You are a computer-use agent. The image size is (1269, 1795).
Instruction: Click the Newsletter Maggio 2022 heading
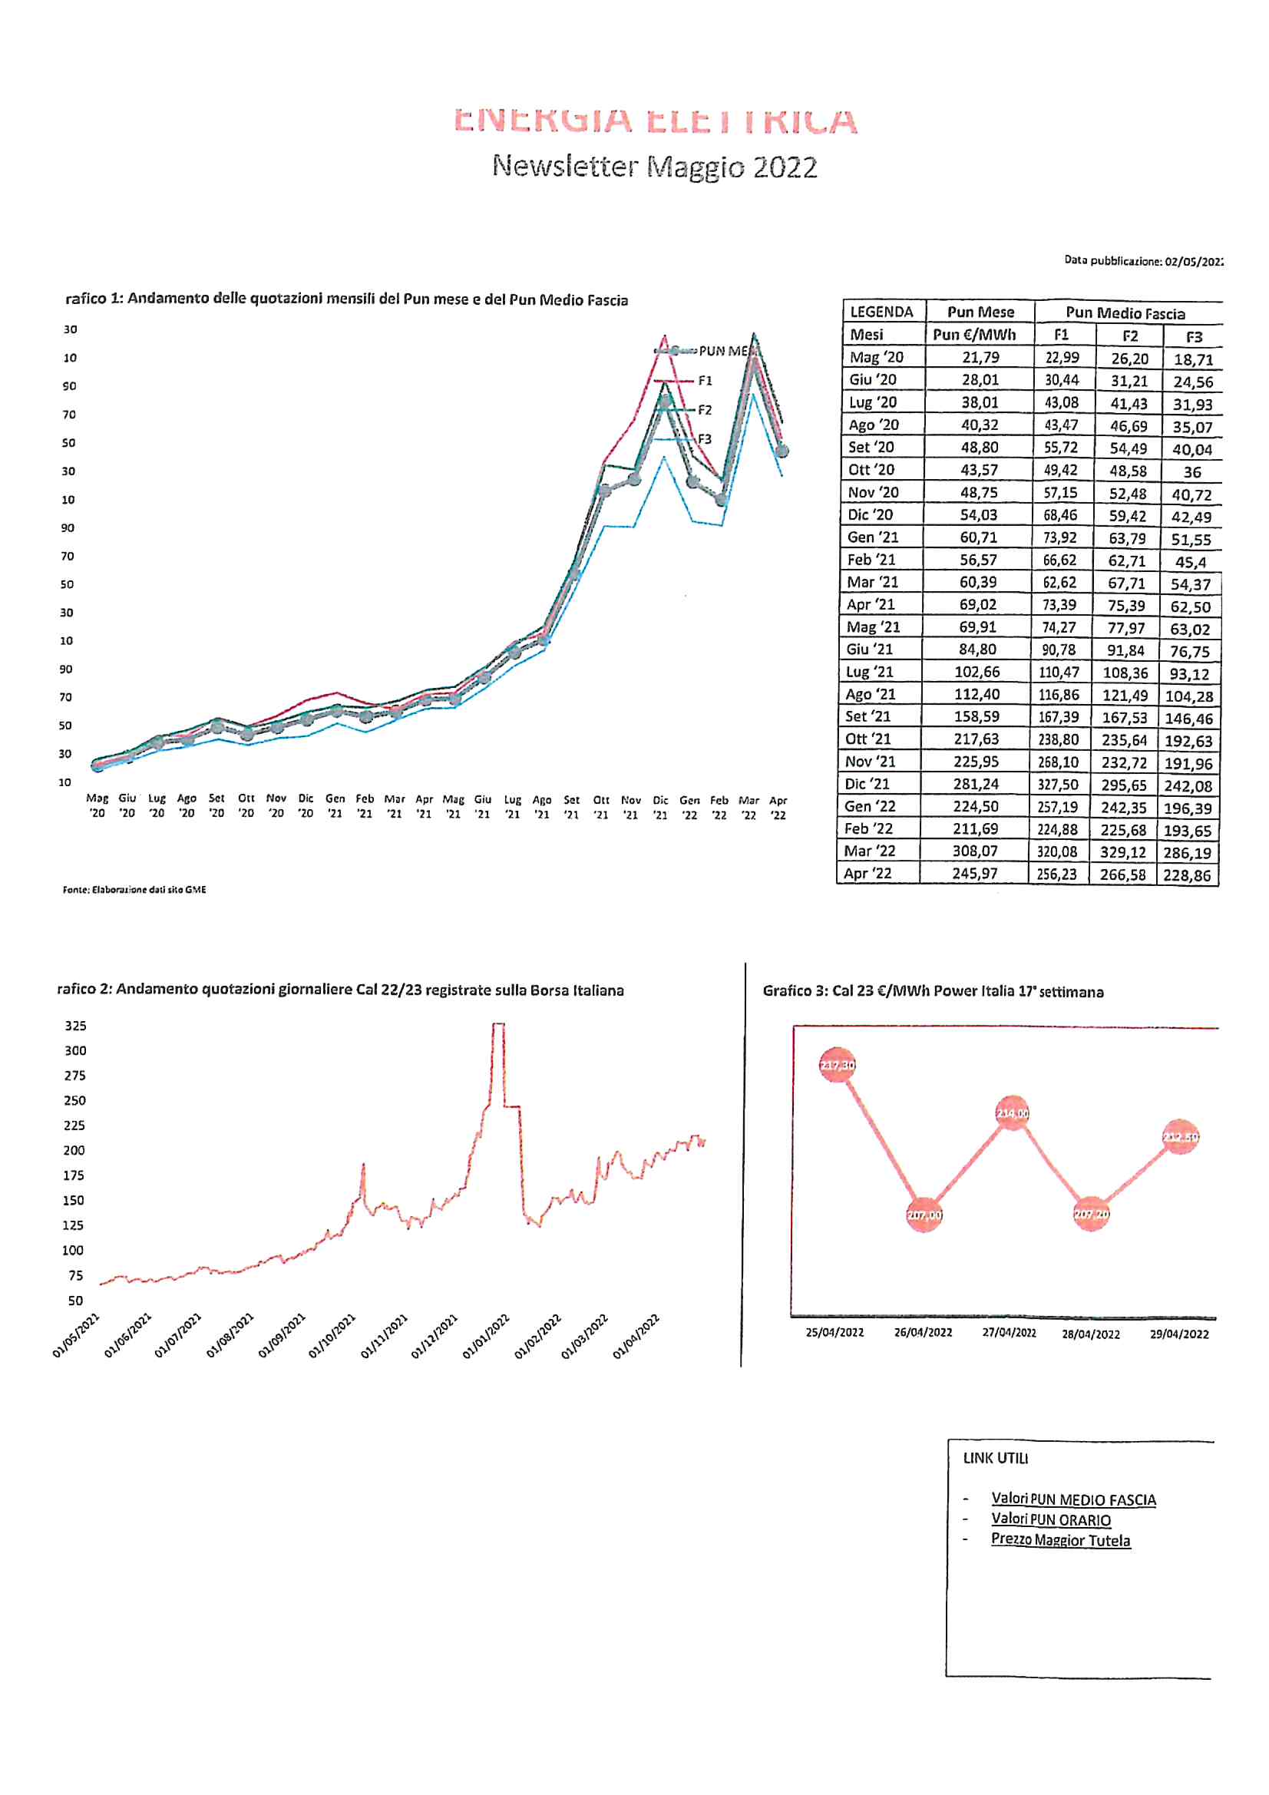coord(654,167)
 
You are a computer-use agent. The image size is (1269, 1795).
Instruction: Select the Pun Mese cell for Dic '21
coord(975,784)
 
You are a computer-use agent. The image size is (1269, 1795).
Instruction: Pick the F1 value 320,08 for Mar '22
coord(1059,851)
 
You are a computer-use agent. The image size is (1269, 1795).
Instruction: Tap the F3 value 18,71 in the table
coord(1192,359)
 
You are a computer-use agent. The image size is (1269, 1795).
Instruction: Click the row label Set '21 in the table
coord(868,716)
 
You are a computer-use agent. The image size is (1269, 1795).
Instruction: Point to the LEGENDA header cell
coord(881,312)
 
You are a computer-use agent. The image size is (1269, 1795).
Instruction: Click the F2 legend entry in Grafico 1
coord(704,410)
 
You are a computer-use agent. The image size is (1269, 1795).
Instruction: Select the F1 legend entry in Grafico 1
coord(704,381)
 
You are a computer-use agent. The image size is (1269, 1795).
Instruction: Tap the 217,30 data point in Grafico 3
coord(837,1065)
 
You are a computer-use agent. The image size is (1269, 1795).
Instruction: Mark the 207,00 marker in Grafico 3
coord(924,1215)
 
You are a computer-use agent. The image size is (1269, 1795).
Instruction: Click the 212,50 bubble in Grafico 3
coord(1180,1137)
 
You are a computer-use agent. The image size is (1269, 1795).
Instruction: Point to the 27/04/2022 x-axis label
coord(1009,1333)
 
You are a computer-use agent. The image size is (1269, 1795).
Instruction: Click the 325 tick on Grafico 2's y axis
coord(75,1026)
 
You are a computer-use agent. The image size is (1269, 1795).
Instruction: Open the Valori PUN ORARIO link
coord(1050,1520)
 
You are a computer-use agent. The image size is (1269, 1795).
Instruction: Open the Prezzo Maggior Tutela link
coord(1059,1540)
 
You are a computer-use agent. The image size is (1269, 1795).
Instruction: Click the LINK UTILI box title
coord(996,1458)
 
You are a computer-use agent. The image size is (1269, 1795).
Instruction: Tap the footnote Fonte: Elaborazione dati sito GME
coord(134,890)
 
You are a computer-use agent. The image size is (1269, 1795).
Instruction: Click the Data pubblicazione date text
coord(1142,261)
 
